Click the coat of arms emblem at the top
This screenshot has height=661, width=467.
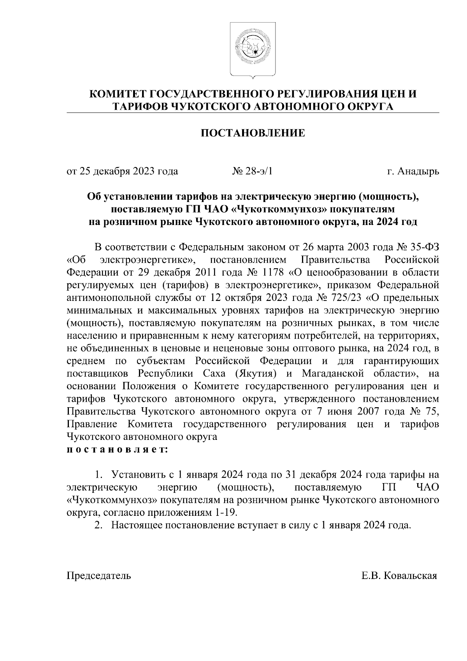tap(253, 49)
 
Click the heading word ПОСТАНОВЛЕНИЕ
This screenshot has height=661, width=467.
tap(253, 134)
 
